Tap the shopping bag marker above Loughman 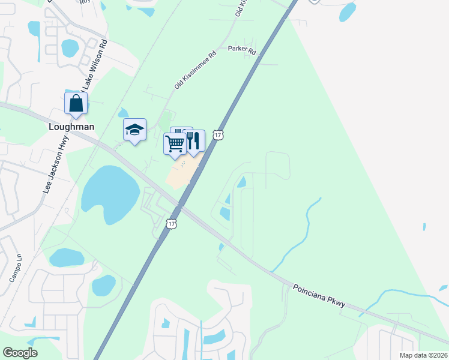click(x=76, y=103)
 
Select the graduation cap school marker click(x=134, y=130)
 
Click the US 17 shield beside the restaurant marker click(x=218, y=135)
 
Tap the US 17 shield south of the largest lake click(x=172, y=223)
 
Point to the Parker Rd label click(x=242, y=52)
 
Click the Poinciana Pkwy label click(x=319, y=295)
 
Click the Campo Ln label click(x=15, y=270)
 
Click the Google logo click(x=20, y=353)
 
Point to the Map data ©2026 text click(x=423, y=355)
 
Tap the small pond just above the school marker click(x=123, y=112)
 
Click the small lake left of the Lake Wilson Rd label click(x=70, y=48)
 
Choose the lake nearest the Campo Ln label click(x=66, y=258)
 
